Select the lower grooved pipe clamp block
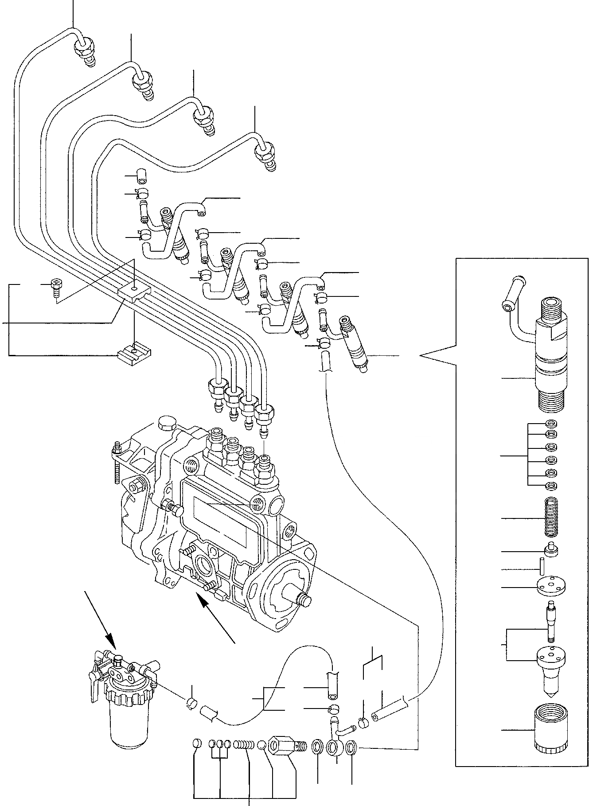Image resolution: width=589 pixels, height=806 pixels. pos(134,353)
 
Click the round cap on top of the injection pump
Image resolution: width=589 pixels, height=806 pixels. pos(166,422)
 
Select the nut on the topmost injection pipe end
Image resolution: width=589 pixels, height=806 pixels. pos(84,47)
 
